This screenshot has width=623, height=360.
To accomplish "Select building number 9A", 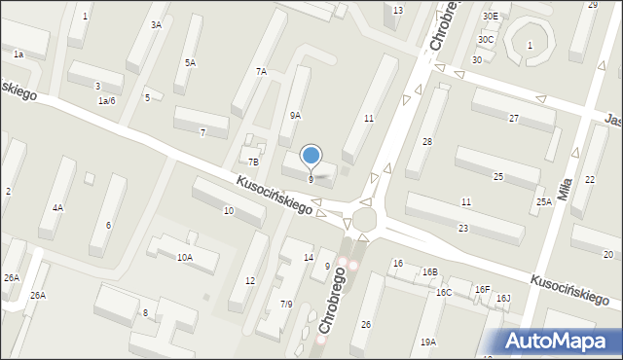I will tap(295, 115).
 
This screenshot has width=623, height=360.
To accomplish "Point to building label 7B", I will tap(253, 162).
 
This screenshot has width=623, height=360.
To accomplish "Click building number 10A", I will tap(184, 257).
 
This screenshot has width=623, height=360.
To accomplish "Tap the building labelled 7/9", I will tap(286, 304).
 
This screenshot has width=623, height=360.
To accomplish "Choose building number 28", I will tap(426, 142).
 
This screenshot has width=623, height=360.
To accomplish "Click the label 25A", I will tap(543, 201).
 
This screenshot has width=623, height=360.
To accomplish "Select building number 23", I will tap(463, 228).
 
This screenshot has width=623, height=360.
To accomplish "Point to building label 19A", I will tap(428, 342).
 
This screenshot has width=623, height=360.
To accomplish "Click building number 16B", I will tap(429, 272).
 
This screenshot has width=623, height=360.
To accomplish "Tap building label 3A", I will tap(156, 25).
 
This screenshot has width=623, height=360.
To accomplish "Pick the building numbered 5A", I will tap(191, 62).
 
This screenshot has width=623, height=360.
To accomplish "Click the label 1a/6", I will tap(106, 101).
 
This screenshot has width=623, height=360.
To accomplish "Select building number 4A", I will tap(58, 207).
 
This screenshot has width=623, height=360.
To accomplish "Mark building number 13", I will tap(397, 10).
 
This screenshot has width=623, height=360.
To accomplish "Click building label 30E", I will tap(490, 17).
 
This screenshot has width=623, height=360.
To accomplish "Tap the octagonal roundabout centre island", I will tap(365, 217).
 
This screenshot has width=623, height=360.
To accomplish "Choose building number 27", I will tap(513, 118).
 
